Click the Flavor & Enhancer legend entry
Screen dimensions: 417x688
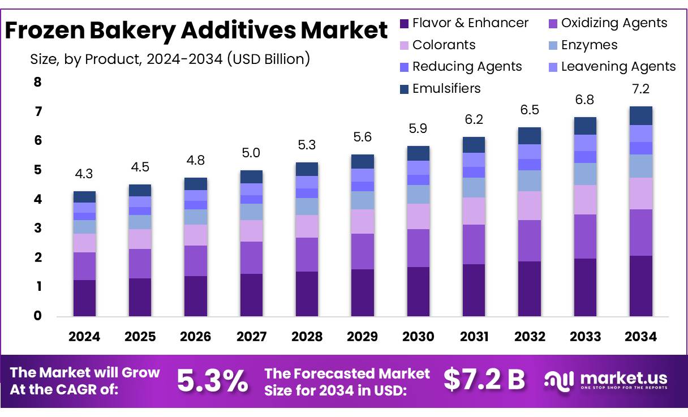click(x=464, y=23)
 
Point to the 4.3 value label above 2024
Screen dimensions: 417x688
click(x=84, y=174)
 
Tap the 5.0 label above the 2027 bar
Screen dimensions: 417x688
click(x=251, y=153)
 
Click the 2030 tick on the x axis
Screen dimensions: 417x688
click(x=418, y=337)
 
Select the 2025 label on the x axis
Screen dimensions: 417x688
click(x=140, y=337)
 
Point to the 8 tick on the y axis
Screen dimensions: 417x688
click(x=38, y=83)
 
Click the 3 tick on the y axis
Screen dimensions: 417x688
click(x=38, y=228)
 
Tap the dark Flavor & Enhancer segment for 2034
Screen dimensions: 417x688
click(x=641, y=286)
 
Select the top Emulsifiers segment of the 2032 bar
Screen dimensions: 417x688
click(x=530, y=136)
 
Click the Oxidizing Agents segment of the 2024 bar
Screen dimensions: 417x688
click(x=84, y=266)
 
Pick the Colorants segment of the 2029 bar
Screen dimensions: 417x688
click(x=363, y=221)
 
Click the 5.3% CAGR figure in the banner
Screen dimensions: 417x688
click(x=212, y=381)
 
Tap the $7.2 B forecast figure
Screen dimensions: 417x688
click(x=484, y=380)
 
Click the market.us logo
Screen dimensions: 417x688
click(x=605, y=380)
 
